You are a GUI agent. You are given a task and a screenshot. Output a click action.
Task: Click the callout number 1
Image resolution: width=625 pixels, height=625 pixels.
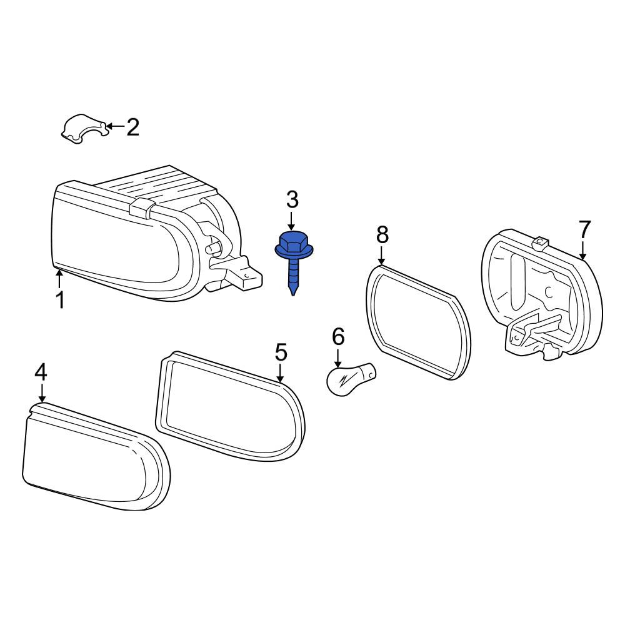click(60, 300)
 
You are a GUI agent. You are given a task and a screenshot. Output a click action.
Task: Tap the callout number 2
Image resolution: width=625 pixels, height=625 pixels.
click(132, 127)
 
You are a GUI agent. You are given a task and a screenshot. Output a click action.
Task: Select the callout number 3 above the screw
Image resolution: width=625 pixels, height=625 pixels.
click(292, 200)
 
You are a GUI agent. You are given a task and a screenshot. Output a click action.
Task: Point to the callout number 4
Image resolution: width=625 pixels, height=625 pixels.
click(41, 372)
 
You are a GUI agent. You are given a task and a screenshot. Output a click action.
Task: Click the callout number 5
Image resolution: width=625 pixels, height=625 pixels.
click(281, 352)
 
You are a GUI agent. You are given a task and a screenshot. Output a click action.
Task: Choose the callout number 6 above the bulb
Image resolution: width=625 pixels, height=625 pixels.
click(338, 337)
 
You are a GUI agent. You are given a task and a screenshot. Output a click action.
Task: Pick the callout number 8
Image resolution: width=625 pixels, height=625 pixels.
click(382, 235)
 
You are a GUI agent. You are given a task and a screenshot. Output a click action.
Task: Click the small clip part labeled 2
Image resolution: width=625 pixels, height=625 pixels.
click(84, 128)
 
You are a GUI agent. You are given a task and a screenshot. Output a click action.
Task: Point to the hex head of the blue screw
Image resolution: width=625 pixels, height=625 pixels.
click(292, 242)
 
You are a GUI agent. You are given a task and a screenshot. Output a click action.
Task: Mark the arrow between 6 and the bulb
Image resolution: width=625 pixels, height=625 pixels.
click(338, 358)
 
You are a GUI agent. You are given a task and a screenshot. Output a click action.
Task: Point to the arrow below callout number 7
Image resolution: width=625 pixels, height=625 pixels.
click(582, 250)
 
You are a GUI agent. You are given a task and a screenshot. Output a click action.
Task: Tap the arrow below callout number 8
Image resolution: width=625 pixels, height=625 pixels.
click(382, 256)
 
